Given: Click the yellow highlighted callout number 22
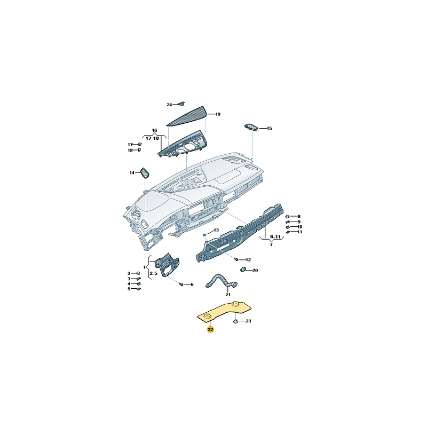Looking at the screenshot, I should pos(210,330).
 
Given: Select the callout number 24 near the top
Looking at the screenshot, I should pos(169,105).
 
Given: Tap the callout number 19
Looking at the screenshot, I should pos(218,114).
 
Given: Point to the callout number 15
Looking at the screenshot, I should pos(270,129).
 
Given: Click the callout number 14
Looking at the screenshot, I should pos(132,173).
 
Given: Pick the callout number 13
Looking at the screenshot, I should pos(216,230).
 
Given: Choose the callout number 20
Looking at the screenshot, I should pos(255,271).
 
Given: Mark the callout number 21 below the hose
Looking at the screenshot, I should pos(228,295).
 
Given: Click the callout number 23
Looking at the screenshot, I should pos(248,321).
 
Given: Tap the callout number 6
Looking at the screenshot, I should pos(192,284).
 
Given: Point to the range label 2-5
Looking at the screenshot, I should pos(153,273).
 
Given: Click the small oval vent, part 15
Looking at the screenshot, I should pos(251,127).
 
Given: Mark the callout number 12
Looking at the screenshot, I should pos(248,259).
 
